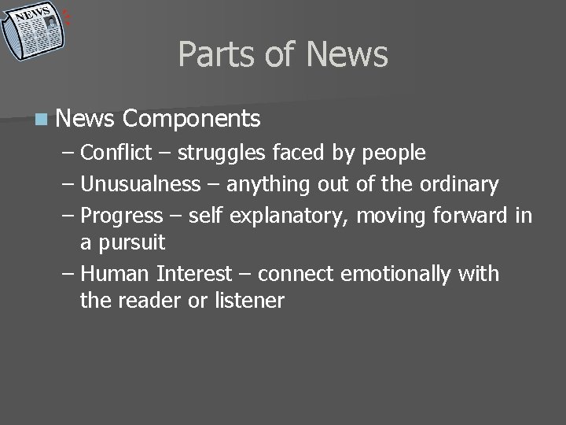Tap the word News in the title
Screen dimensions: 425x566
coord(347,54)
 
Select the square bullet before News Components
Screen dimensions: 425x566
coord(40,120)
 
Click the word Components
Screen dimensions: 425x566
coord(192,119)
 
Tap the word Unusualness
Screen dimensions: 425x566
coord(141,185)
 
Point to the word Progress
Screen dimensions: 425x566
coord(122,215)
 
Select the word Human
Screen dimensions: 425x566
coord(116,274)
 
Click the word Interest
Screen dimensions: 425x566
coord(194,274)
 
